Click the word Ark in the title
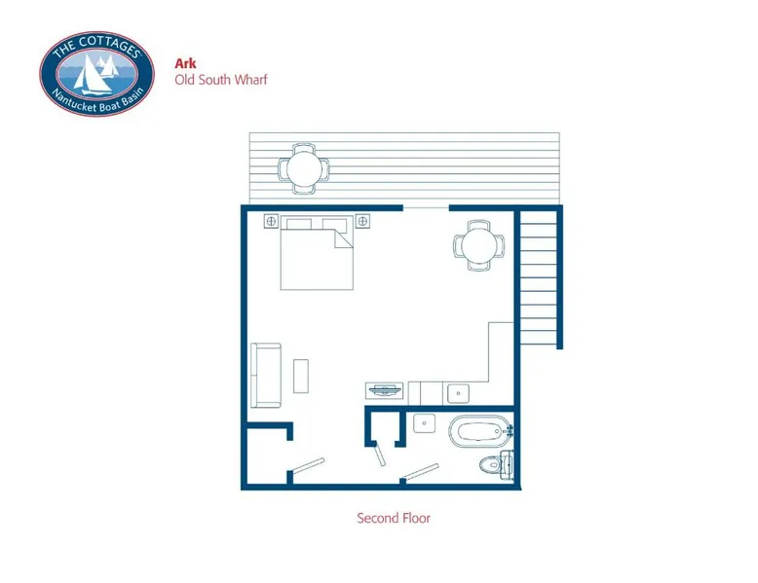[x=185, y=63]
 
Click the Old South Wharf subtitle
[x=221, y=79]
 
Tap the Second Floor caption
[x=394, y=518]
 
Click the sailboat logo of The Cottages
[x=96, y=73]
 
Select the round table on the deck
[x=304, y=169]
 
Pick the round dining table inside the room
[x=478, y=245]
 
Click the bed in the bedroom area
[x=317, y=253]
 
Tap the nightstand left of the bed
[x=271, y=221]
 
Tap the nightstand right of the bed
[x=362, y=221]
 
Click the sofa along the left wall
[x=266, y=376]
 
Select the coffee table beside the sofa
[x=301, y=376]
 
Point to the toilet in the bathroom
[x=497, y=465]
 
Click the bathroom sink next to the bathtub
[x=424, y=423]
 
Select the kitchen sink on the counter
[x=458, y=393]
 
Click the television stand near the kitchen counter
[x=384, y=390]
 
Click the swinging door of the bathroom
[x=422, y=472]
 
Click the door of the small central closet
[x=379, y=455]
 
